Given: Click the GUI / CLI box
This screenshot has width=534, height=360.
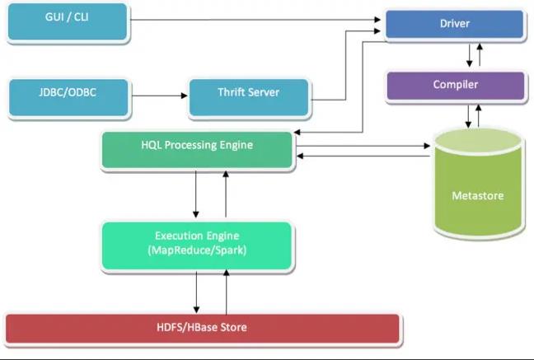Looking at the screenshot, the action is [68, 21].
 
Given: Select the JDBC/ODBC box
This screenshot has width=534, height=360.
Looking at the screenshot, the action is [68, 97].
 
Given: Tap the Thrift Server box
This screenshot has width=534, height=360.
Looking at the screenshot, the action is [249, 98].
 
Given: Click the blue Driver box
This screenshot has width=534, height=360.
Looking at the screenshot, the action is [455, 24].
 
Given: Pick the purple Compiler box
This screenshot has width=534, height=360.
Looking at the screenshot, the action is [456, 86].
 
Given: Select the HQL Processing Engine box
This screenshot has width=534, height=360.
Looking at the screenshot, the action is [197, 150].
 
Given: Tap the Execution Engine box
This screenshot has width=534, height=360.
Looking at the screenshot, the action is [197, 245].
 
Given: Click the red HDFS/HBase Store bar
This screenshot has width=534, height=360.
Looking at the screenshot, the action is [202, 329].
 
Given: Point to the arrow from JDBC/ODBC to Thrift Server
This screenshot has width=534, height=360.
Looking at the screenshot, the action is [159, 96].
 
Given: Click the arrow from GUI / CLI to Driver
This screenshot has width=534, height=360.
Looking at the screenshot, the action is [255, 20].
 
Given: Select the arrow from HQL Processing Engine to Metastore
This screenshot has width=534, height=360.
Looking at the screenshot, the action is [363, 146].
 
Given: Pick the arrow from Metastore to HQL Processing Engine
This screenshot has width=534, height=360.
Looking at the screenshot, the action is [363, 156].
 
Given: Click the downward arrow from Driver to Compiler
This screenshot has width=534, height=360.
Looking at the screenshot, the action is [469, 55].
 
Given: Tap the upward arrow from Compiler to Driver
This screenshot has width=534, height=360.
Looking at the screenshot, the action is [480, 54].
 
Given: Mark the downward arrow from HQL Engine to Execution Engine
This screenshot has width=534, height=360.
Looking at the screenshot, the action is [196, 194].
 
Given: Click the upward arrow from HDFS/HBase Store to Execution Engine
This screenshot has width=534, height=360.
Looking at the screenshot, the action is [226, 292].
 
